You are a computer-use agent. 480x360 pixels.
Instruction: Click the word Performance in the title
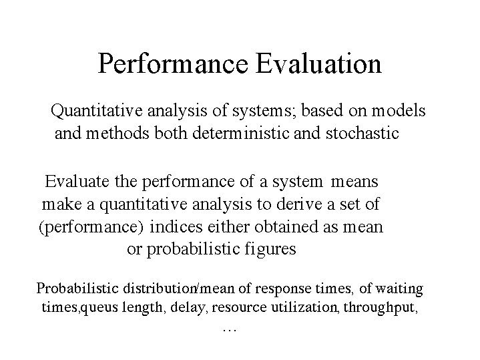pyautogui.click(x=173, y=63)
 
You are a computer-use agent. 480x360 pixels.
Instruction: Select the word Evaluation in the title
pyautogui.click(x=318, y=63)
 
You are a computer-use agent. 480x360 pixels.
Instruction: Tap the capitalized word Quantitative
pyautogui.click(x=97, y=111)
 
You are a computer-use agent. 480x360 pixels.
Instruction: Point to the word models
pyautogui.click(x=399, y=110)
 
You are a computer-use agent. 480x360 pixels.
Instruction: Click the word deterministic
pyautogui.click(x=240, y=133)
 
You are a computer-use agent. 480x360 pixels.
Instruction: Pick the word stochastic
pyautogui.click(x=363, y=133)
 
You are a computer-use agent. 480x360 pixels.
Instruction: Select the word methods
pyautogui.click(x=117, y=133)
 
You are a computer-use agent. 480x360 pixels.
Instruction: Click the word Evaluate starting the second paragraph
pyautogui.click(x=77, y=181)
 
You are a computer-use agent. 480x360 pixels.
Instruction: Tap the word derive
pyautogui.click(x=299, y=204)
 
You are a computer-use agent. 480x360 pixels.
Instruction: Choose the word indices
pyautogui.click(x=176, y=226)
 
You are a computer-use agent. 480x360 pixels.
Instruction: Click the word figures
pyautogui.click(x=270, y=249)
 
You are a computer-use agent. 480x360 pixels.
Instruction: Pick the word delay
pyautogui.click(x=188, y=307)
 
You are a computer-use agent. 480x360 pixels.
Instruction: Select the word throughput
pyautogui.click(x=381, y=307)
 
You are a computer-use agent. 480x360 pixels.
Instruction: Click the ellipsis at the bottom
pyautogui.click(x=230, y=330)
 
